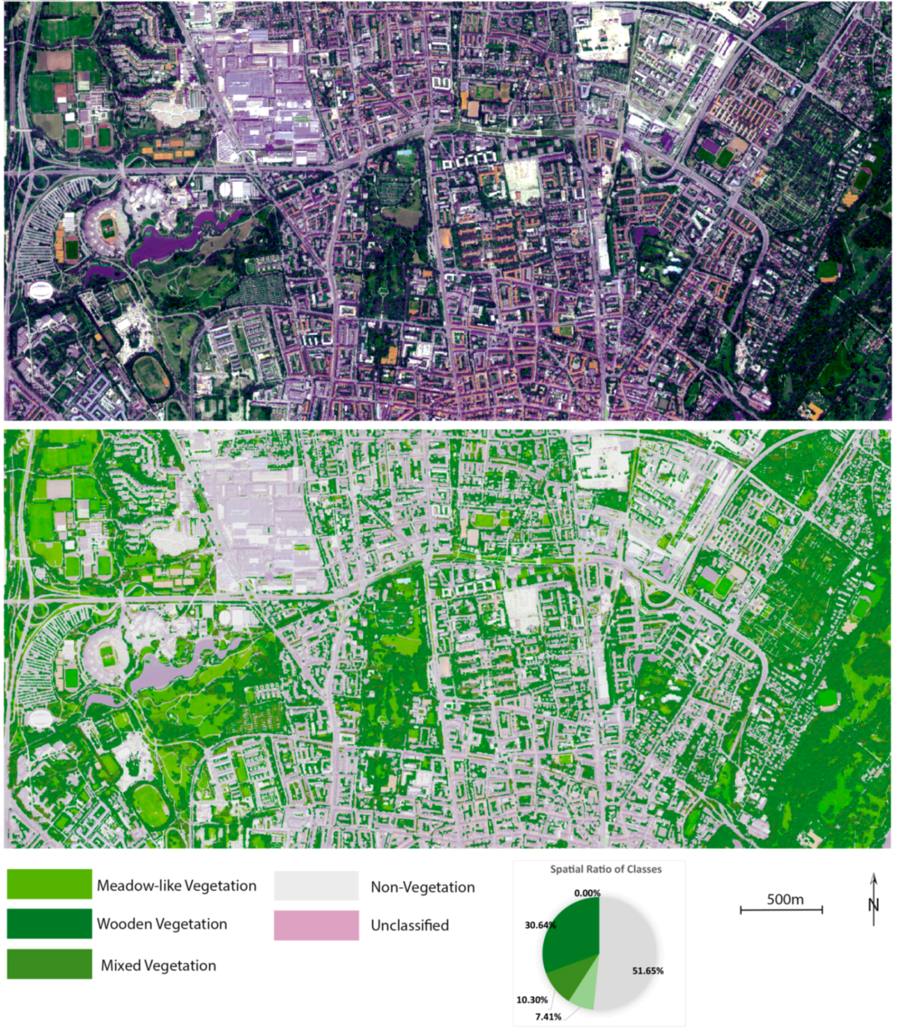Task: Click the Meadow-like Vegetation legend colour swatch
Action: point(49,884)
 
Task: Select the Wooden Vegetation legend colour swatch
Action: point(49,923)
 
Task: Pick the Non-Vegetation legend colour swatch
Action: point(316,885)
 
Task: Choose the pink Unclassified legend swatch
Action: point(316,924)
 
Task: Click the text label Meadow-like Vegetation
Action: point(176,885)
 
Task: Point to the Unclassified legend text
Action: point(409,925)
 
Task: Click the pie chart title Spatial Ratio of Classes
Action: point(605,869)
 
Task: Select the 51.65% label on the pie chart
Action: point(648,970)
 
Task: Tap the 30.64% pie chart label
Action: point(540,925)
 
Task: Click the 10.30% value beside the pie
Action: point(532,999)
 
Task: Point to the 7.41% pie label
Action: point(548,1016)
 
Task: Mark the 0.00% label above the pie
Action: point(587,893)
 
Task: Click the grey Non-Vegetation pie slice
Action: point(627,951)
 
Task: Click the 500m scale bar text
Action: point(785,899)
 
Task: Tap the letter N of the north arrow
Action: point(873,904)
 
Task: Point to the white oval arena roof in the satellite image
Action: point(40,290)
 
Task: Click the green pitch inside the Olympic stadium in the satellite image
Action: point(106,227)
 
